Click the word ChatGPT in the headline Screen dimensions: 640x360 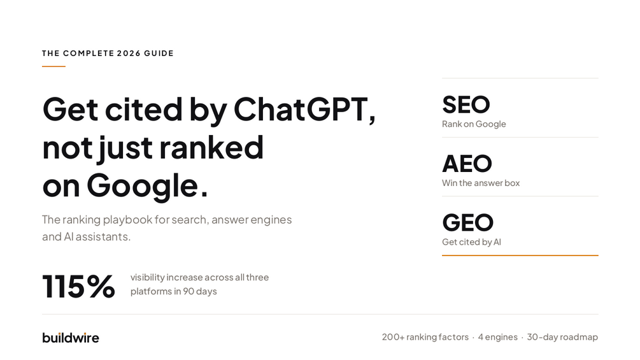pos(304,109)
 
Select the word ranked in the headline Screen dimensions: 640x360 pos(211,147)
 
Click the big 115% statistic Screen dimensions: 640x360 pos(78,286)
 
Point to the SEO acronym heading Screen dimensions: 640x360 pos(466,104)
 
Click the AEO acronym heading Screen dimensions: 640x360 pos(467,164)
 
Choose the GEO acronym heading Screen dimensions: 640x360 pos(468,222)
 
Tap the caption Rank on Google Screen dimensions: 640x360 pos(474,124)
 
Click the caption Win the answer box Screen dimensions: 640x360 pos(481,183)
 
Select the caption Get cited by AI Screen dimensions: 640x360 pos(471,242)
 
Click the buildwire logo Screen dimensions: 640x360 pos(71,338)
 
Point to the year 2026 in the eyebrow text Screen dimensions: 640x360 pos(129,54)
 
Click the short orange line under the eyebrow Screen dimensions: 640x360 pos(53,66)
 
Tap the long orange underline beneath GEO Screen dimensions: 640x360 pos(520,256)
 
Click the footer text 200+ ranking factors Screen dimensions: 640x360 pos(425,337)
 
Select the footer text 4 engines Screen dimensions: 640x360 pos(498,337)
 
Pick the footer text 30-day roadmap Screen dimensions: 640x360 pos(562,337)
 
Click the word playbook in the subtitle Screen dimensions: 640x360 pos(127,220)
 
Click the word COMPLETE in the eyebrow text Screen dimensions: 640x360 pos(89,54)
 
